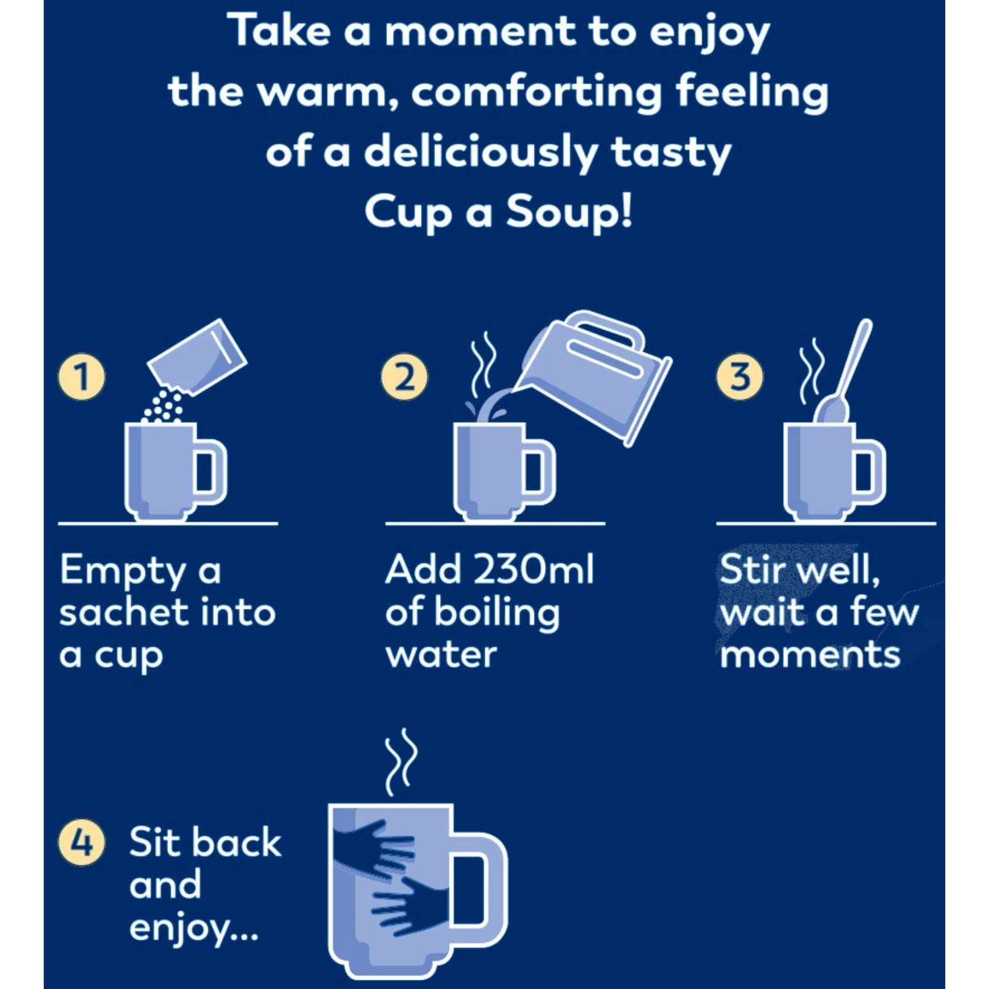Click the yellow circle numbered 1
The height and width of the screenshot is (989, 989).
(x=82, y=376)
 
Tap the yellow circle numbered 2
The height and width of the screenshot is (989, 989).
(x=404, y=376)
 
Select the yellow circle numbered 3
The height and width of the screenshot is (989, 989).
(x=739, y=376)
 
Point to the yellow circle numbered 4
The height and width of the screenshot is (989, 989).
(x=82, y=842)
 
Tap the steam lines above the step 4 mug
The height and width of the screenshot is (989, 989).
(x=401, y=762)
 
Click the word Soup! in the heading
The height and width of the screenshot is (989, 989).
(x=569, y=212)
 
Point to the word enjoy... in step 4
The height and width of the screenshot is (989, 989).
(x=193, y=928)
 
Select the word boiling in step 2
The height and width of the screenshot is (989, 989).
(x=497, y=613)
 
